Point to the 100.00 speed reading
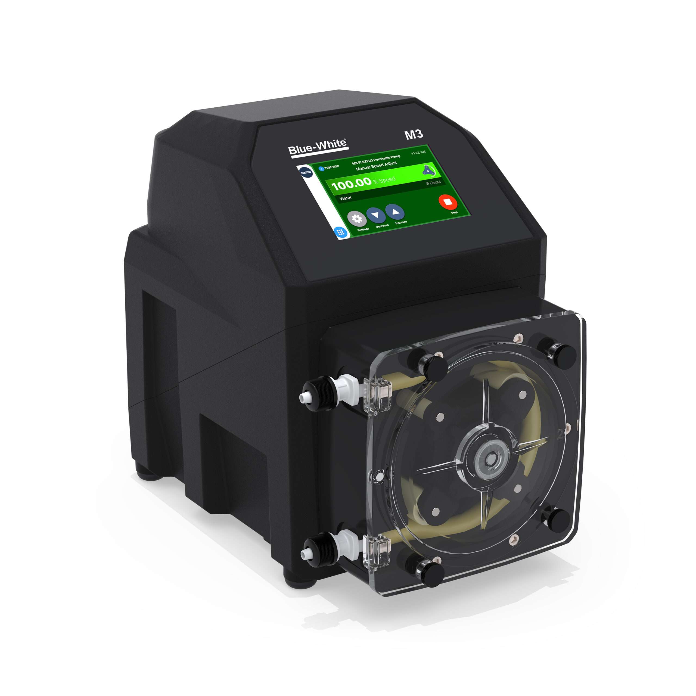tap(351, 184)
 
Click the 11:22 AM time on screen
tap(418, 153)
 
